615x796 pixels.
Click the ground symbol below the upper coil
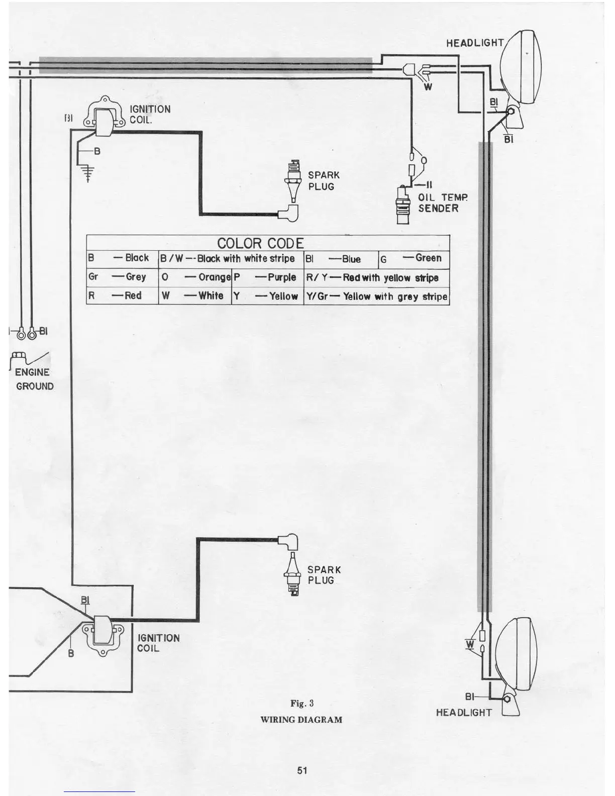tap(88, 173)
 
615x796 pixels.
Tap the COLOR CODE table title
tap(260, 243)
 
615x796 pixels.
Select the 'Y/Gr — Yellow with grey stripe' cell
tap(376, 296)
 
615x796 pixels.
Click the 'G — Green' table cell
tap(414, 259)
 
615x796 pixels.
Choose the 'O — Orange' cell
tap(195, 277)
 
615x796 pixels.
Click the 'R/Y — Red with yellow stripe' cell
tap(376, 278)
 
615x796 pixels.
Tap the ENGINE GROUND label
tap(34, 379)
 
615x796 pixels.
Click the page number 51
tap(302, 770)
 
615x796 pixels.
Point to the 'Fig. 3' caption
tap(301, 703)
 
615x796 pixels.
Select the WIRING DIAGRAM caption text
tap(301, 720)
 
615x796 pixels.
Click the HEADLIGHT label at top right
tap(475, 43)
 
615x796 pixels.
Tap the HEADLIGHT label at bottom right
tap(464, 713)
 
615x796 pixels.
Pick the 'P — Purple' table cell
tap(267, 277)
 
